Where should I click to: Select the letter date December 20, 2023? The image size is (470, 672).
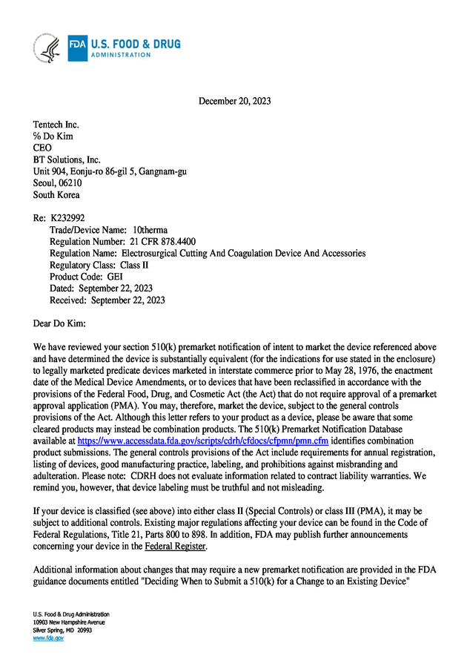point(234,101)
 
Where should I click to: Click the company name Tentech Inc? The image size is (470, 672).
point(56,125)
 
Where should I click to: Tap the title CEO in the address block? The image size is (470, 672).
point(43,148)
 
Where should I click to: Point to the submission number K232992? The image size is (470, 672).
point(67,219)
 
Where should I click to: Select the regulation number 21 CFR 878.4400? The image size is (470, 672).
point(159,242)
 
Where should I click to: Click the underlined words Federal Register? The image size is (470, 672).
point(176,547)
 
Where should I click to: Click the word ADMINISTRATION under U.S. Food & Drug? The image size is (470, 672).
point(120,55)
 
